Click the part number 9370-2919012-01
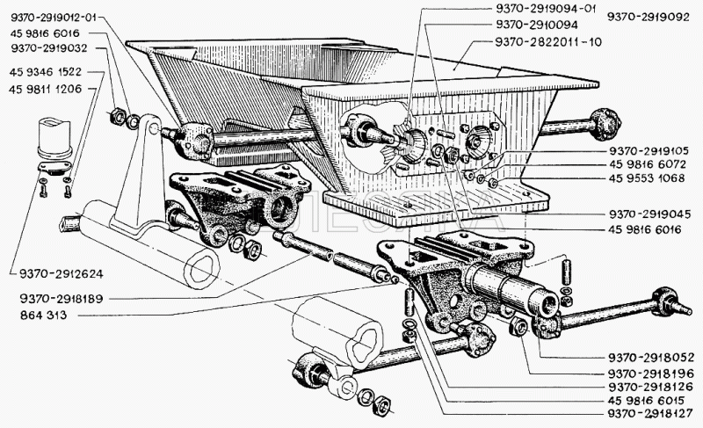pyautogui.click(x=54, y=18)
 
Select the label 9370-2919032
pyautogui.click(x=49, y=48)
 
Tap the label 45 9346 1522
pyautogui.click(x=46, y=72)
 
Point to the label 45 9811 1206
pyautogui.click(x=46, y=89)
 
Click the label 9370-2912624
pyautogui.click(x=61, y=273)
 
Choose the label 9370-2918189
pyautogui.click(x=61, y=298)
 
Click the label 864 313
pyautogui.click(x=43, y=315)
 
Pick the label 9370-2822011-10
pyautogui.click(x=548, y=41)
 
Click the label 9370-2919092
pyautogui.click(x=649, y=17)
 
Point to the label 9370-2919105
pyautogui.click(x=649, y=151)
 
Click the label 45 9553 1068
pyautogui.click(x=647, y=178)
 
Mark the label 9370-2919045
pyautogui.click(x=649, y=214)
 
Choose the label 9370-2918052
pyautogui.click(x=650, y=358)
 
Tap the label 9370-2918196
pyautogui.click(x=651, y=374)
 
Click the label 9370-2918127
pyautogui.click(x=650, y=413)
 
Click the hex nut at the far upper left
pyautogui.click(x=118, y=116)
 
